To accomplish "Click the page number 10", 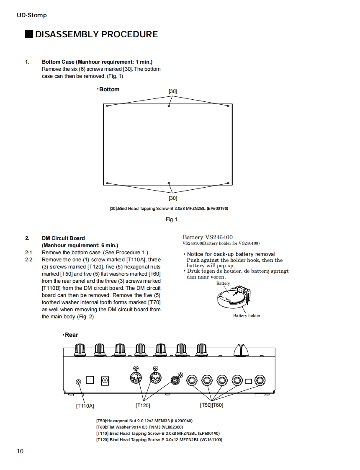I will [20, 451].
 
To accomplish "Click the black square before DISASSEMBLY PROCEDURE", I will [29, 34].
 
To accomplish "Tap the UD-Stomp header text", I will [31, 15].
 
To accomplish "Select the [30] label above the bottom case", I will [172, 91].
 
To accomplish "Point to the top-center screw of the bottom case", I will [169, 106].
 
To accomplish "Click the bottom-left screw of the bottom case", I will [108, 183].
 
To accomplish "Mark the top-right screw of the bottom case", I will [228, 106].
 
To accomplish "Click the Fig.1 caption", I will [172, 220].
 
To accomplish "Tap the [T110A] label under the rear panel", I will [85, 405].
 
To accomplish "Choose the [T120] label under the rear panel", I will [143, 405].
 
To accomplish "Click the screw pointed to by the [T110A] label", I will [78, 381].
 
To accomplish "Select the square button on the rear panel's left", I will [90, 380].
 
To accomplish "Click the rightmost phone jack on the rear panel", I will [260, 381].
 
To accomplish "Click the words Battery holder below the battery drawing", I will [247, 315].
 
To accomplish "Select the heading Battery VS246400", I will [208, 238].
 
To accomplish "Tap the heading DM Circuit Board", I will [63, 238].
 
